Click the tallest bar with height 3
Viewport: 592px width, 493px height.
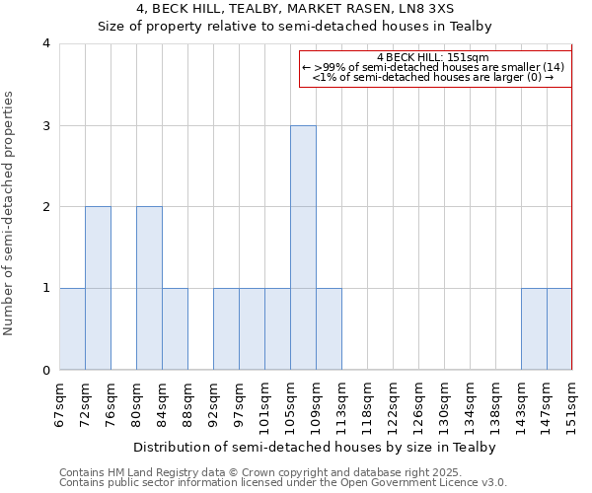[303, 247]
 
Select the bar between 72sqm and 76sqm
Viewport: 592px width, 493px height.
[98, 288]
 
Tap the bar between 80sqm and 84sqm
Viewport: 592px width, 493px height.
[149, 288]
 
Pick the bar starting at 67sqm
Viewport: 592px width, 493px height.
[72, 329]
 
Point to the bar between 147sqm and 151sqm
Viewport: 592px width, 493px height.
[559, 329]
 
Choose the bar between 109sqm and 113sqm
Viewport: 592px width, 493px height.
[329, 329]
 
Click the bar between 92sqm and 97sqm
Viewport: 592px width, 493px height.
[226, 329]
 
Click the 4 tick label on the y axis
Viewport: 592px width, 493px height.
[46, 43]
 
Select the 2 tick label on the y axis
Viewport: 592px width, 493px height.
[46, 207]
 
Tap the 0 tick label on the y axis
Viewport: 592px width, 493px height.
[46, 371]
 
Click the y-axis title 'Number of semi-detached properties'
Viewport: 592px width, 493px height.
[10, 213]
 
